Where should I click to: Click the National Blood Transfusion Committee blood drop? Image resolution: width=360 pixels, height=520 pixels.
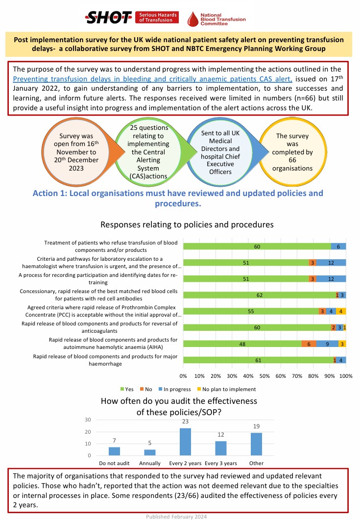pyautogui.click(x=194, y=19)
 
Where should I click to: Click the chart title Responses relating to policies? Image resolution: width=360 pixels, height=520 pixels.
pyautogui.click(x=187, y=225)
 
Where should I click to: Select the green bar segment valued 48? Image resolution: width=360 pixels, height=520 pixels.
pyautogui.click(x=242, y=344)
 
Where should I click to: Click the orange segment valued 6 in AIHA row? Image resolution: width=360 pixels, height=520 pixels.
pyautogui.click(x=309, y=344)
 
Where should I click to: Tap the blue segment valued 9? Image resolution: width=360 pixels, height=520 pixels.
pyautogui.click(x=327, y=344)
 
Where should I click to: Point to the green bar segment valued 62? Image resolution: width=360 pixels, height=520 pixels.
pyautogui.click(x=259, y=295)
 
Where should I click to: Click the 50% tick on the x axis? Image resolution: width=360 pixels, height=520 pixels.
pyautogui.click(x=264, y=376)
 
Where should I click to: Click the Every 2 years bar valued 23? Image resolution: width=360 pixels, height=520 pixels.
pyautogui.click(x=185, y=442)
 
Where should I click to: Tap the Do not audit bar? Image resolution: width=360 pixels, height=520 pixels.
pyautogui.click(x=114, y=451)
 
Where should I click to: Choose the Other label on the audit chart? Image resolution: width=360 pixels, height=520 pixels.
pyautogui.click(x=256, y=464)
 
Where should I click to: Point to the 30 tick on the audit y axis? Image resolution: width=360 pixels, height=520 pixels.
pyautogui.click(x=89, y=420)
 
